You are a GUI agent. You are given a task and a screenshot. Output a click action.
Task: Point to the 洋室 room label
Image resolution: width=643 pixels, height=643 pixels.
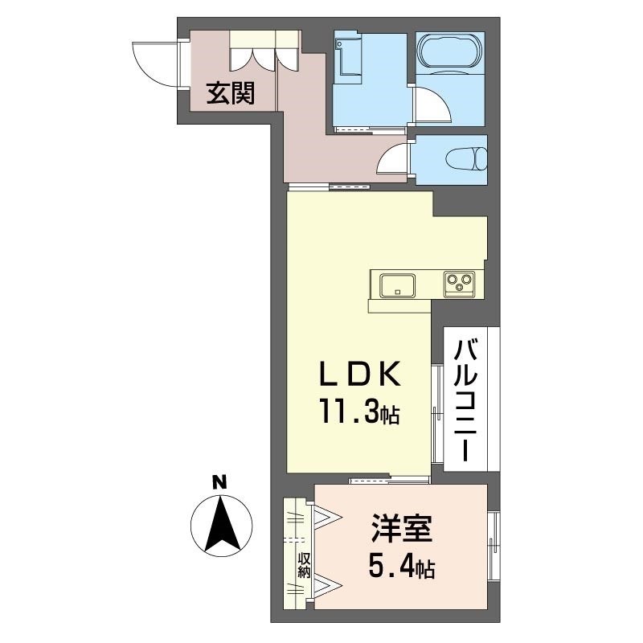[x=402, y=532]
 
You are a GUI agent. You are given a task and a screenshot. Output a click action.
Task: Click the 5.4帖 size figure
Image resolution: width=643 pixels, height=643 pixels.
[x=402, y=569]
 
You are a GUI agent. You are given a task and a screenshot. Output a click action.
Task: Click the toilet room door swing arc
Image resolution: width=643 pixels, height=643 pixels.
[x=394, y=157]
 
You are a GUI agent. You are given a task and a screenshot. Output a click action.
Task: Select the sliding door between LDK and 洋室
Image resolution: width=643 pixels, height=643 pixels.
[x=389, y=480]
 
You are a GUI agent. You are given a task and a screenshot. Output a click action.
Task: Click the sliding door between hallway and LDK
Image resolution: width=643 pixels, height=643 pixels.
[x=330, y=186]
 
